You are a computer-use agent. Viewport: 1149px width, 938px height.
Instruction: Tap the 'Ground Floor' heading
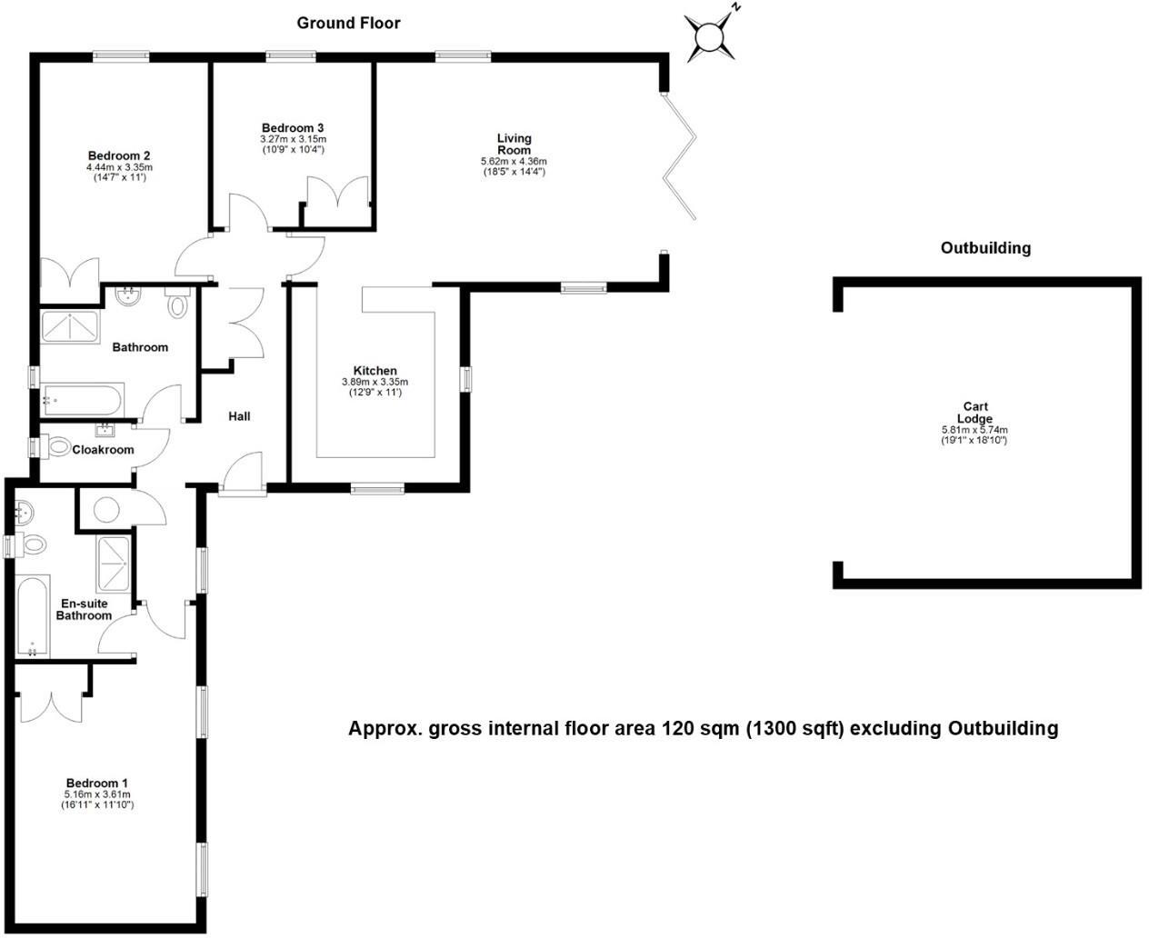click(x=348, y=23)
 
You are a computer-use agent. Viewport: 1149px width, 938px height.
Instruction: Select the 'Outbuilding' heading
click(x=985, y=247)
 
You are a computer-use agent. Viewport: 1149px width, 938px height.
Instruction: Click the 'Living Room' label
click(x=514, y=144)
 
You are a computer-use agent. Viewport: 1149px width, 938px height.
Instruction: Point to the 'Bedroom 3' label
click(x=293, y=128)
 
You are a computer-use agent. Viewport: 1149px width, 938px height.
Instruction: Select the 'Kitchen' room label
click(x=375, y=371)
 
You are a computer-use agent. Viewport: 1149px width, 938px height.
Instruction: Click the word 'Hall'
click(x=239, y=416)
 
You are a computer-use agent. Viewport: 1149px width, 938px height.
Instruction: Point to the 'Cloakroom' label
click(x=103, y=450)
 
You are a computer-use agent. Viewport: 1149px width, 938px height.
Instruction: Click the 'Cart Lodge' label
click(x=974, y=413)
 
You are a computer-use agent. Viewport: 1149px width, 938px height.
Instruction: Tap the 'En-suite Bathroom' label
click(x=84, y=609)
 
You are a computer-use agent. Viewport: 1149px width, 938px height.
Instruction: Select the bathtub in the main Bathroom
click(x=81, y=398)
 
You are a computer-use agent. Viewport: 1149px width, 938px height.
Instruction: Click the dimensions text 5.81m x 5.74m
click(x=974, y=430)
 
